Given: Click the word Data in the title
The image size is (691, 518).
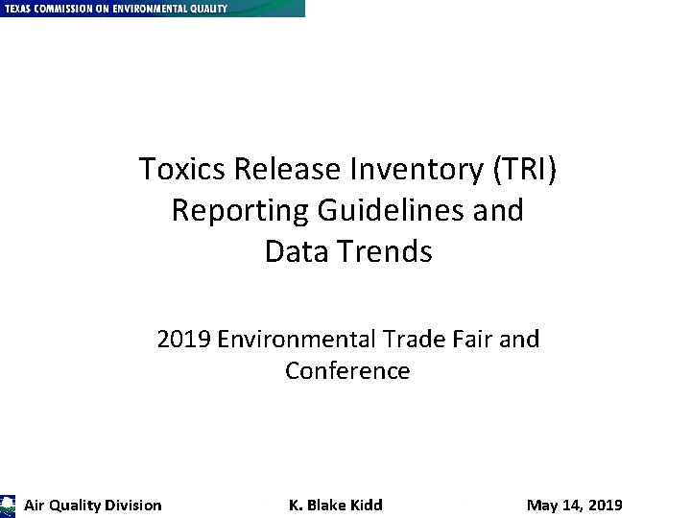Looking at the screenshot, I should click(x=295, y=251).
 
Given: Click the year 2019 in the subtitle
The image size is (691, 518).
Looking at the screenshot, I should click(x=183, y=340).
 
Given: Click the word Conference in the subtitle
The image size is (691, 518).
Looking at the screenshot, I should click(x=347, y=371).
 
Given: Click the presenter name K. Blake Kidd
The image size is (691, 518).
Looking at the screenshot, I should click(x=336, y=506).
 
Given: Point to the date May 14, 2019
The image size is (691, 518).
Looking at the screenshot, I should click(x=575, y=506).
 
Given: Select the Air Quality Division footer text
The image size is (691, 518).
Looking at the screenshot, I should click(x=93, y=506).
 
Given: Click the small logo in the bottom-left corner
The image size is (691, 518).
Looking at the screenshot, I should click(x=8, y=506).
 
